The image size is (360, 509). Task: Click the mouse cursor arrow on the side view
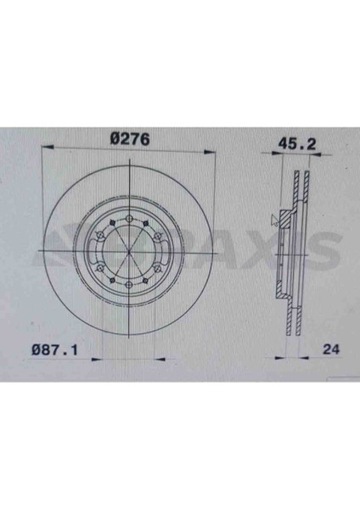[x=273, y=220]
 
